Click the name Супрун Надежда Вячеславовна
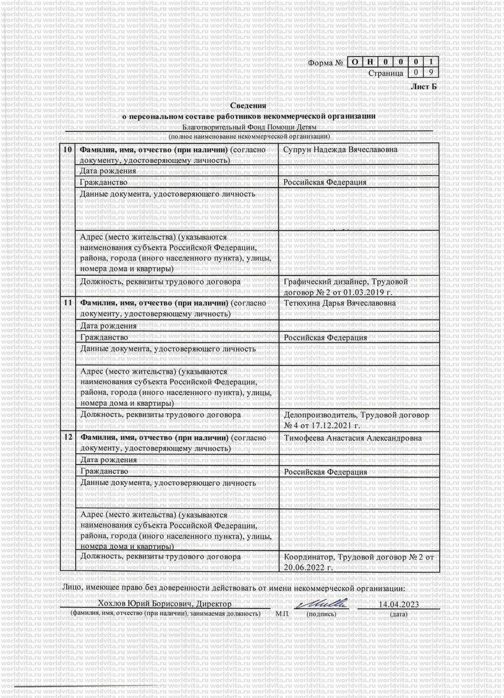coord(340,150)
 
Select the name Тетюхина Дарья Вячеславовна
coord(340,304)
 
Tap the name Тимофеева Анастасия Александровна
coord(352,438)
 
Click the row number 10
coord(67,150)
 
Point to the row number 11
coord(67,303)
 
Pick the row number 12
coord(67,438)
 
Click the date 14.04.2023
coord(398,604)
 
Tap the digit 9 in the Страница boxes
coord(431,72)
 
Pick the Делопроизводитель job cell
coord(356,420)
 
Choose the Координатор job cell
coord(358,561)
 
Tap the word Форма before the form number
coord(320,62)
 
